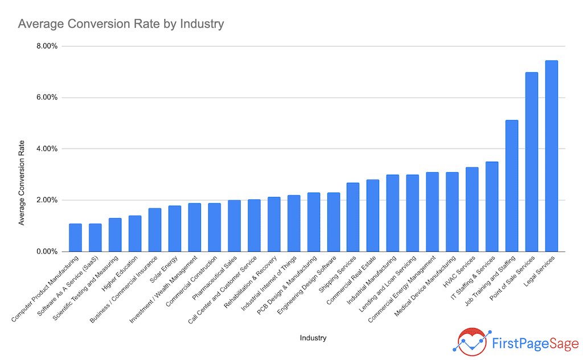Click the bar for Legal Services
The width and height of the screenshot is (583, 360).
pos(551,156)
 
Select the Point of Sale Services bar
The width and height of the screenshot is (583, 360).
pos(531,162)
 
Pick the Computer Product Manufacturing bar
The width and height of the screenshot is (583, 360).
pos(75,238)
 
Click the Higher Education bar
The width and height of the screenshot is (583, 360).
pos(135,234)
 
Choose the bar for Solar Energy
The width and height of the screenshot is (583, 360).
pos(174,228)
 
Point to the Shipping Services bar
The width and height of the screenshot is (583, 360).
pos(353,217)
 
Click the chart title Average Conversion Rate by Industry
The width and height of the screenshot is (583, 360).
pos(121,24)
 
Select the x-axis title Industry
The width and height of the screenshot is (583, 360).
pos(313,338)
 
